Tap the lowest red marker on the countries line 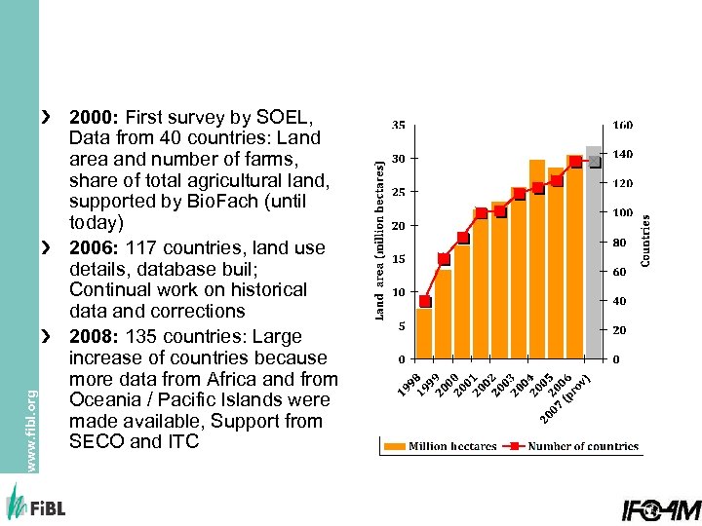click(x=425, y=301)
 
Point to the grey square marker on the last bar click(x=595, y=162)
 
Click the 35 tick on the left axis click(x=400, y=126)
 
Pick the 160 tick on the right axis click(x=622, y=126)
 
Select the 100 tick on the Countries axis click(x=622, y=212)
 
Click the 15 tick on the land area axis click(x=399, y=259)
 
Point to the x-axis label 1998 click(x=409, y=384)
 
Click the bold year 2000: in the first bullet click(x=95, y=118)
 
